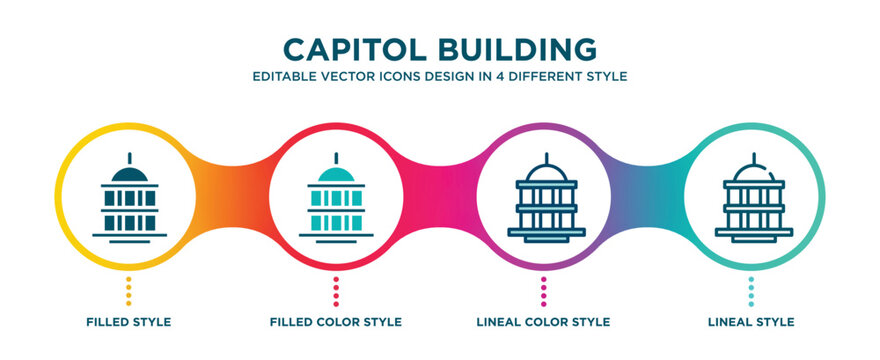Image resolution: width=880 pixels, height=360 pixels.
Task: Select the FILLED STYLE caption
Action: pyautogui.click(x=129, y=322)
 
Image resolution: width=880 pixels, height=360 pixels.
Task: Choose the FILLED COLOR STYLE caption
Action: pyautogui.click(x=336, y=322)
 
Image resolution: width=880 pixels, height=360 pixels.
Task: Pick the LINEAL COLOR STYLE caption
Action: pyautogui.click(x=544, y=322)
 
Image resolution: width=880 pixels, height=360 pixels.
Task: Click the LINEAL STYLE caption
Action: pyautogui.click(x=750, y=322)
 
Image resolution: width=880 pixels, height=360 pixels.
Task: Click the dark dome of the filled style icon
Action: pyautogui.click(x=129, y=174)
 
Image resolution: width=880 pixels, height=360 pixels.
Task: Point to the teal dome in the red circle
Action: pyautogui.click(x=336, y=174)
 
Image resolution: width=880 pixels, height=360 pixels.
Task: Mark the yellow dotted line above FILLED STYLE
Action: pyautogui.click(x=129, y=290)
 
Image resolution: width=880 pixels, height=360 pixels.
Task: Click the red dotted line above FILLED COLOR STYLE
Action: pyautogui.click(x=336, y=290)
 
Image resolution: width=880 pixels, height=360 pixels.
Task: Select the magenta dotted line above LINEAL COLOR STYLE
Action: pyautogui.click(x=544, y=290)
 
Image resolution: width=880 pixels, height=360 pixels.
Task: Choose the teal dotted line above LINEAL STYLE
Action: pyautogui.click(x=751, y=290)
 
